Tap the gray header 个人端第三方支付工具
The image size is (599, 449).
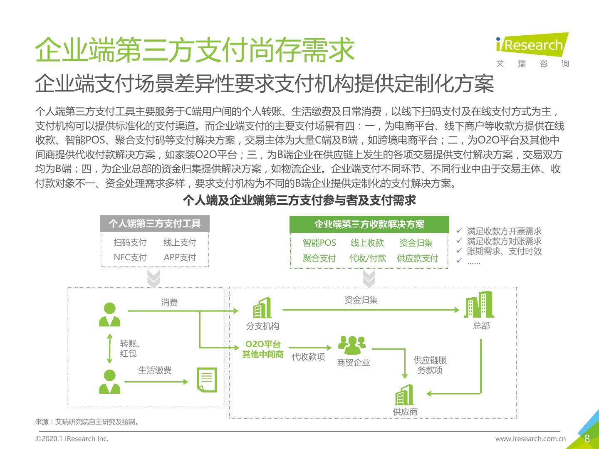point(155,224)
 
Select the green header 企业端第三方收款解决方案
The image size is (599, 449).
point(369,224)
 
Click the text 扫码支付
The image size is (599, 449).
point(130,242)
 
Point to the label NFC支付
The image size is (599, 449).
point(130,257)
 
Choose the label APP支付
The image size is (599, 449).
point(180,257)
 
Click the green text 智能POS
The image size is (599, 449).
point(319,243)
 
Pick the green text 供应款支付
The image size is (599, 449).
point(418,258)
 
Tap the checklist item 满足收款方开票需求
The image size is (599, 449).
point(504,231)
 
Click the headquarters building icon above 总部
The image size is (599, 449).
point(479,304)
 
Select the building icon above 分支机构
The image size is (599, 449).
point(262,308)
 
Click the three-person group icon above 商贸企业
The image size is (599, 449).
point(352,345)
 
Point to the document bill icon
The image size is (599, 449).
point(207,380)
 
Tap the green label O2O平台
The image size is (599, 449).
point(263,344)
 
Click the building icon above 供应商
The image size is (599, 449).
point(404,395)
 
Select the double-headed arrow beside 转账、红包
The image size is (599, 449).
point(110,348)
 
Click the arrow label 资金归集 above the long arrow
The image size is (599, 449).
point(361,300)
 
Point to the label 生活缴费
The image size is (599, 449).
point(155,370)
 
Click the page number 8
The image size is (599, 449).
point(587,439)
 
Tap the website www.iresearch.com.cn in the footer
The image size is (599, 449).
point(530,439)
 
